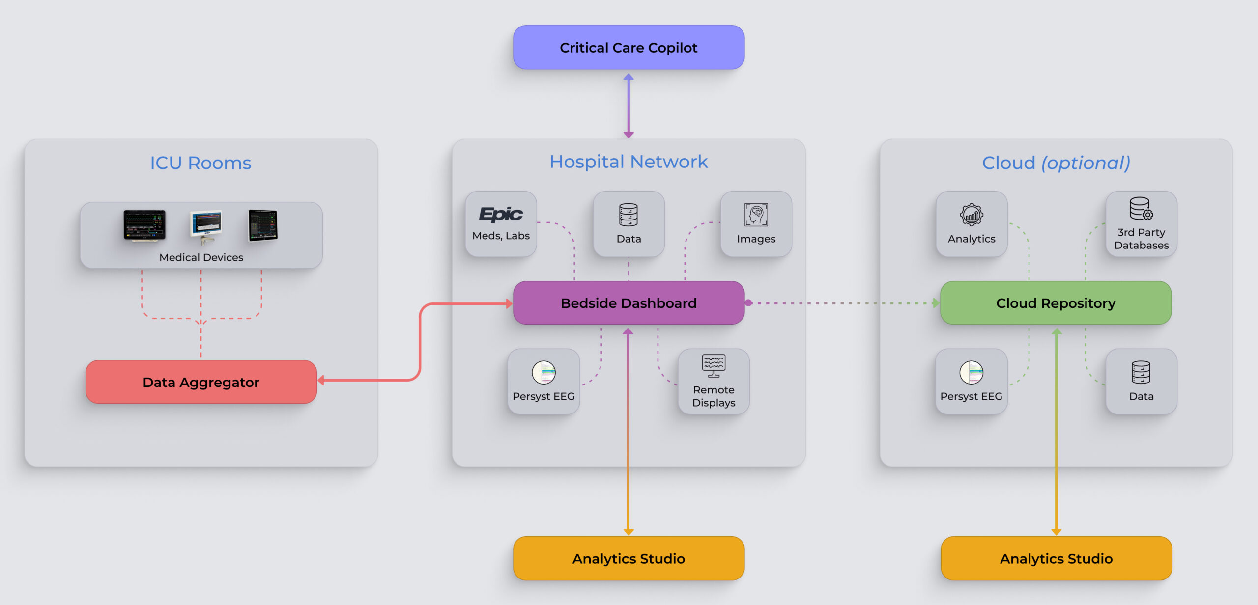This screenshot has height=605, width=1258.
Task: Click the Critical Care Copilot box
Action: tap(629, 48)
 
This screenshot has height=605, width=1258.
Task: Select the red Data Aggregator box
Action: tap(201, 382)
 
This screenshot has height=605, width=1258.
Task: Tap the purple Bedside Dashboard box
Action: tap(629, 303)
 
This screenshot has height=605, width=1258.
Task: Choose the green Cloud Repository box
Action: tap(1056, 303)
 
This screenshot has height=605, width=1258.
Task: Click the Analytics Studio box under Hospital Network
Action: tap(629, 558)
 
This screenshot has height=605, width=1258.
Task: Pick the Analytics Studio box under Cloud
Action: tap(1056, 558)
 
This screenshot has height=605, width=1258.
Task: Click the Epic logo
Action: tap(501, 214)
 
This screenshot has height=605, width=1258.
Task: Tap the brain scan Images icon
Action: tap(756, 215)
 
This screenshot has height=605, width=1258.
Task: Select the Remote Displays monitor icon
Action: tap(714, 365)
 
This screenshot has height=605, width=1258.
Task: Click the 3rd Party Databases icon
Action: tap(1141, 209)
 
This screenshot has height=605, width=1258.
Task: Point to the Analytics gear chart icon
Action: tap(972, 215)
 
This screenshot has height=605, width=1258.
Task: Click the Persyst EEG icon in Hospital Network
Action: tap(543, 373)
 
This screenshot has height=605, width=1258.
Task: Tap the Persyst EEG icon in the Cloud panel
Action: tap(971, 373)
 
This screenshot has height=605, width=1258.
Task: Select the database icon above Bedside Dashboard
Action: tap(629, 215)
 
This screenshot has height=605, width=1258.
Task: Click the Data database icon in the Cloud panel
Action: tap(1141, 372)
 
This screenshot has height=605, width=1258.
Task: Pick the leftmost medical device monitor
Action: tap(144, 225)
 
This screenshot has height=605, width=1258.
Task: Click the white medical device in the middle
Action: tap(206, 226)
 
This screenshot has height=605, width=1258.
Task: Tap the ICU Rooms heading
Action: tap(200, 163)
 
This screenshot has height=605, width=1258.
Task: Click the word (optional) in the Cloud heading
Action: tap(1086, 163)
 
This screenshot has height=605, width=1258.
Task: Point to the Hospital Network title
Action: tap(629, 162)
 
